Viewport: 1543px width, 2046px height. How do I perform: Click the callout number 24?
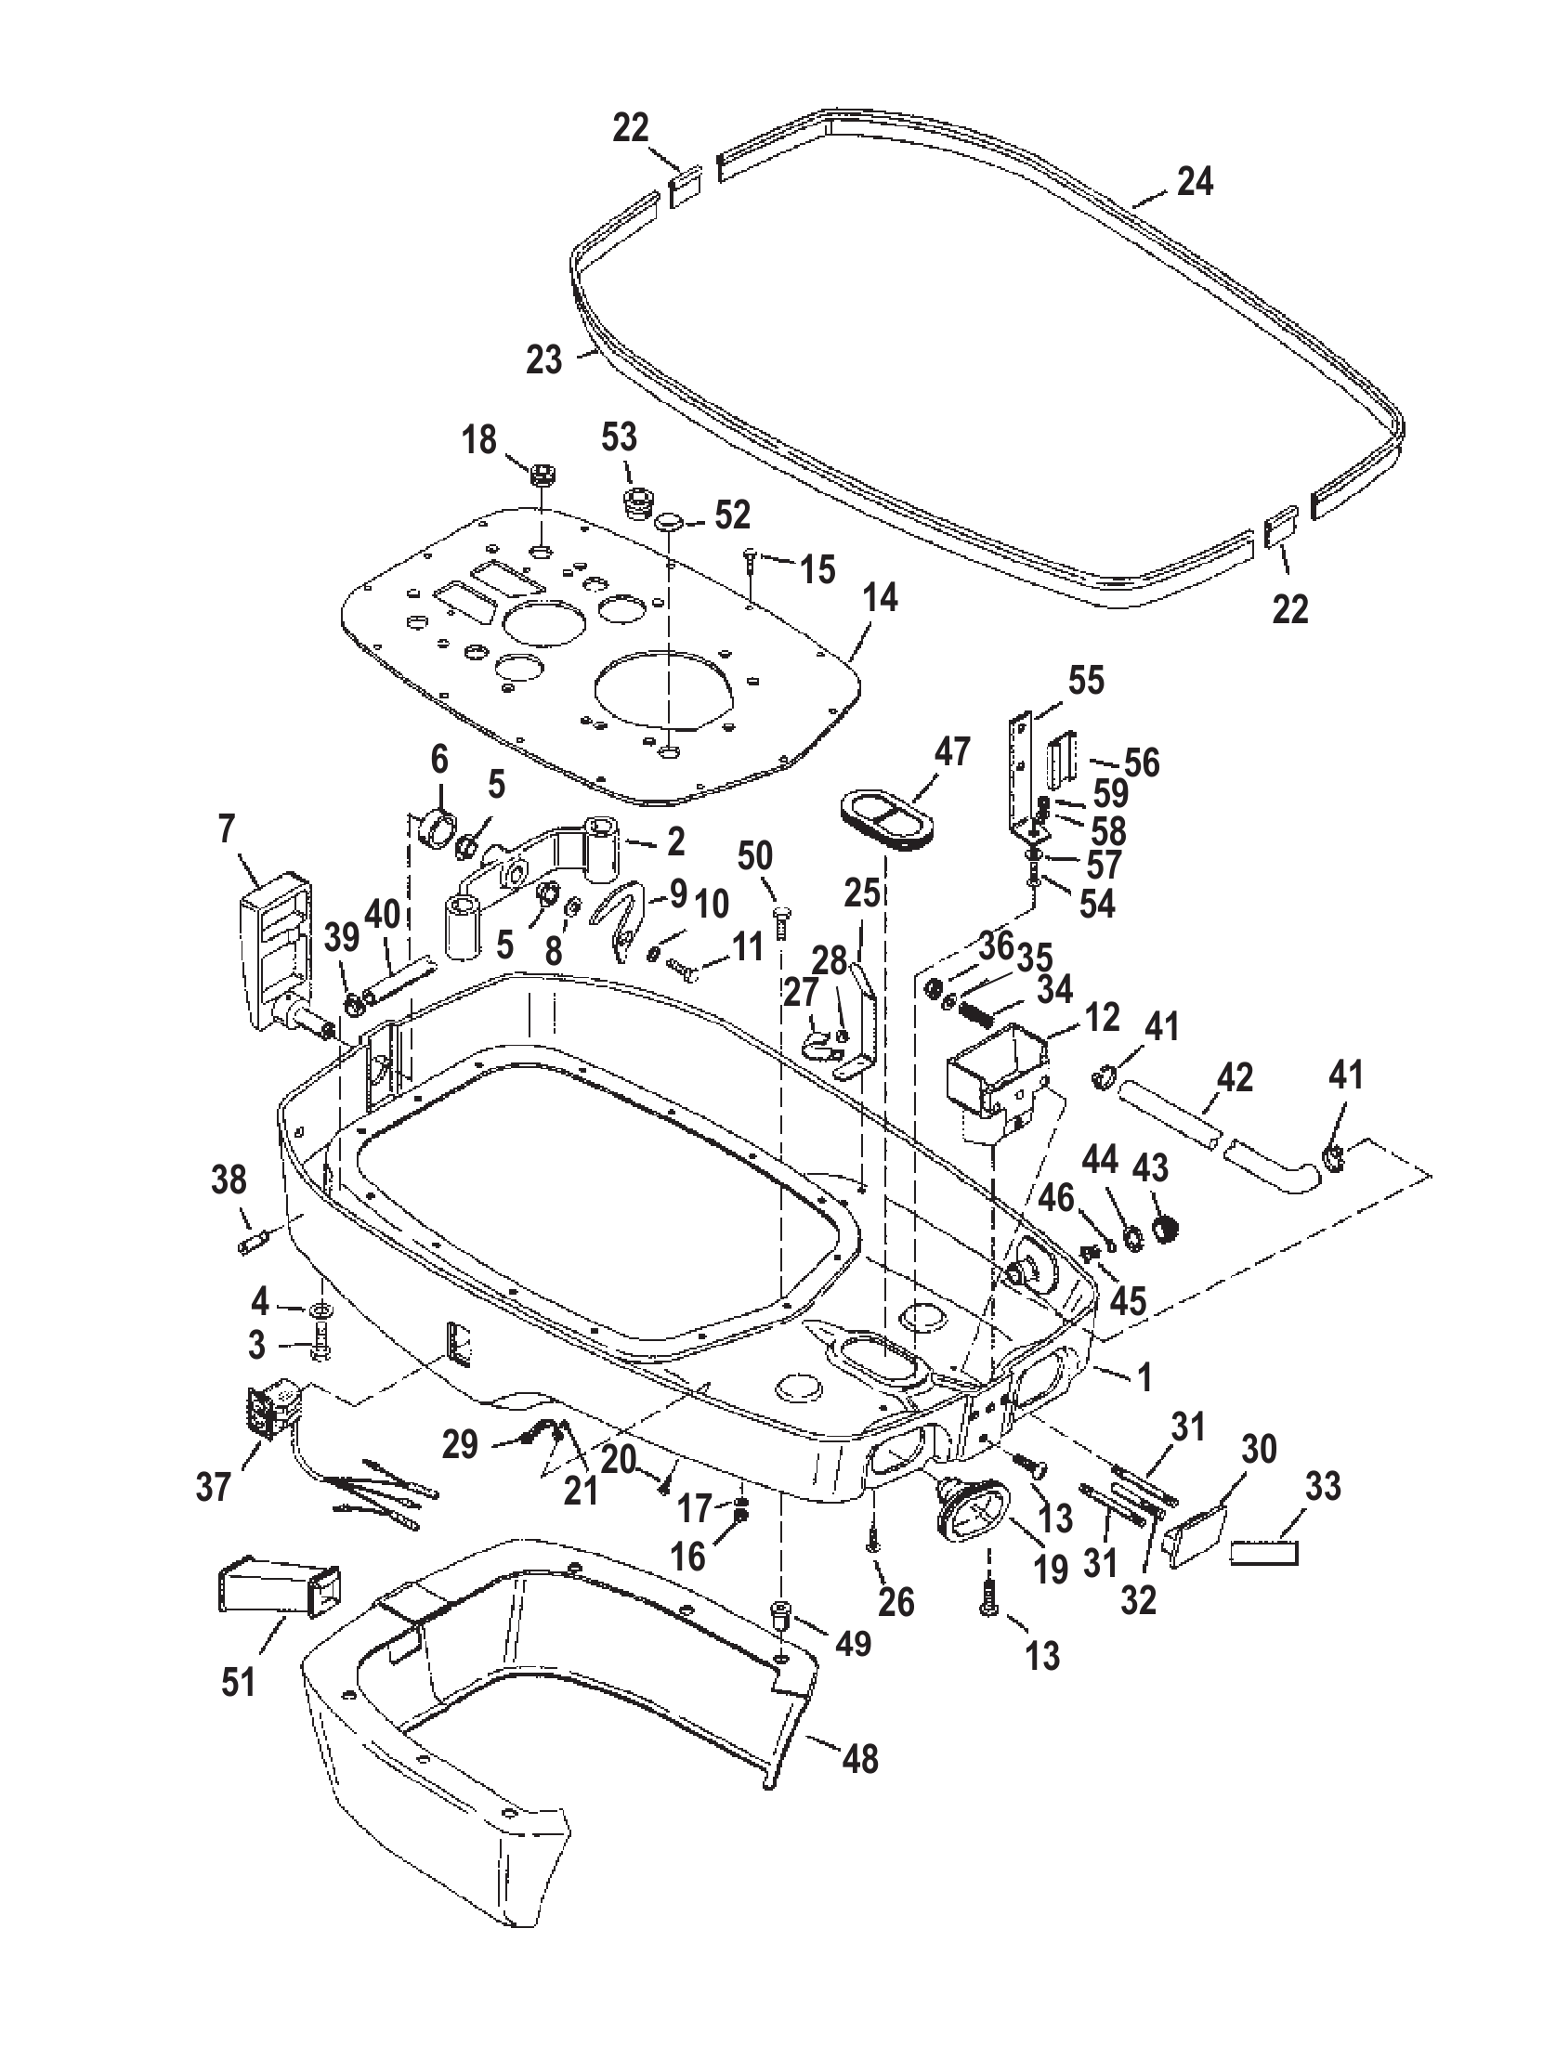pyautogui.click(x=1196, y=182)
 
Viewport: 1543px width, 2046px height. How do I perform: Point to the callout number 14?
pyautogui.click(x=879, y=598)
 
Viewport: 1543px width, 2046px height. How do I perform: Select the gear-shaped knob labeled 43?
pyautogui.click(x=1160, y=1230)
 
